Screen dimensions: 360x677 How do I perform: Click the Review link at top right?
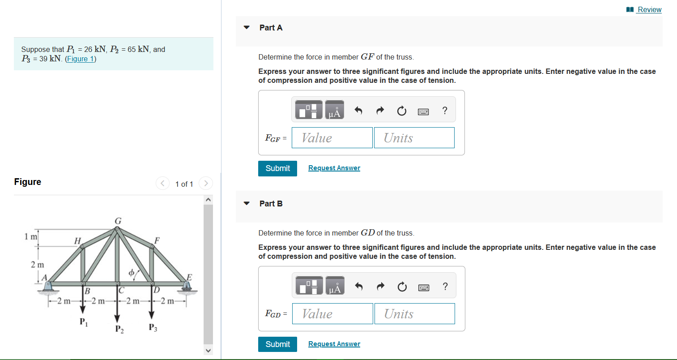pyautogui.click(x=649, y=9)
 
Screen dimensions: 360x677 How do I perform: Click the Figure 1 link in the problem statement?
pyautogui.click(x=81, y=59)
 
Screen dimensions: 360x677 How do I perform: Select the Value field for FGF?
pyautogui.click(x=332, y=138)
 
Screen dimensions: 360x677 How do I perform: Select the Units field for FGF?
pyautogui.click(x=414, y=138)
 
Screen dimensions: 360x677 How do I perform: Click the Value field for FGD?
pyautogui.click(x=332, y=314)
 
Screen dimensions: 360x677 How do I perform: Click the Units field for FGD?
pyautogui.click(x=414, y=314)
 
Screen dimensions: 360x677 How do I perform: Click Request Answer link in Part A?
pyautogui.click(x=334, y=168)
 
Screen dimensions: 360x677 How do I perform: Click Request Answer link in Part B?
pyautogui.click(x=334, y=344)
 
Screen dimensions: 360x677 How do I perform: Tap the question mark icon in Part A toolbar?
pyautogui.click(x=444, y=111)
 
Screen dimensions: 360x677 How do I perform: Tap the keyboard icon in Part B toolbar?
pyautogui.click(x=423, y=287)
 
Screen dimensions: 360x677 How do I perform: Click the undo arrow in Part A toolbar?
pyautogui.click(x=358, y=111)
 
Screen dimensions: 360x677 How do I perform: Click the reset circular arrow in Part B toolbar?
pyautogui.click(x=402, y=287)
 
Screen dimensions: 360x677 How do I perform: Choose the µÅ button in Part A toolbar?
pyautogui.click(x=334, y=110)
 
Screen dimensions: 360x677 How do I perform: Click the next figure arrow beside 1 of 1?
pyautogui.click(x=206, y=183)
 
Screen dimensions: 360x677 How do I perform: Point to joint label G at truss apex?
pyautogui.click(x=118, y=221)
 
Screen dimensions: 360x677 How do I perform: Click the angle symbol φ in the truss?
pyautogui.click(x=132, y=272)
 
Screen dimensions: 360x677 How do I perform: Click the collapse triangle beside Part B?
pyautogui.click(x=246, y=203)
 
